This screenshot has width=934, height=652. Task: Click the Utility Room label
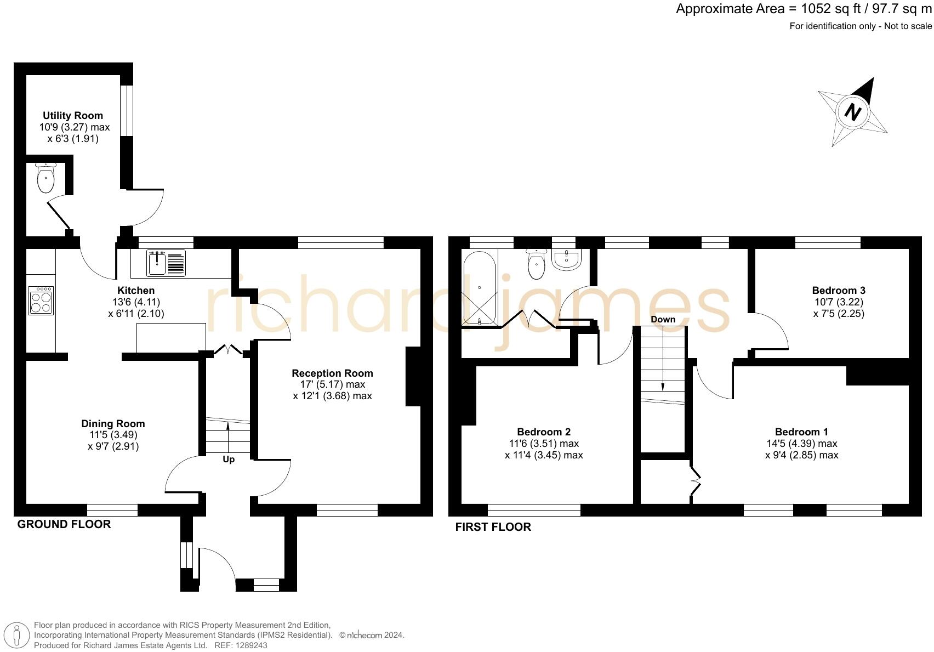pyautogui.click(x=73, y=116)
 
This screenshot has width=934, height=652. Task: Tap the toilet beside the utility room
pyautogui.click(x=45, y=178)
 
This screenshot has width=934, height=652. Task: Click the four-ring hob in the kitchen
pyautogui.click(x=41, y=301)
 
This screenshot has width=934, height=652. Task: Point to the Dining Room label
pyautogui.click(x=113, y=423)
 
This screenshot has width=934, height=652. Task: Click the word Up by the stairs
pyautogui.click(x=229, y=459)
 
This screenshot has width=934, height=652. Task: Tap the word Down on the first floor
pyautogui.click(x=663, y=319)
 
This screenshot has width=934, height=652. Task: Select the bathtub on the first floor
pyautogui.click(x=479, y=288)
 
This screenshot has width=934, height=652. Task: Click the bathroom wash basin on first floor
pyautogui.click(x=566, y=259)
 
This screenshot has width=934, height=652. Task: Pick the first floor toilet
pyautogui.click(x=536, y=264)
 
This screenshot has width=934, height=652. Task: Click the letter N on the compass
pyautogui.click(x=853, y=112)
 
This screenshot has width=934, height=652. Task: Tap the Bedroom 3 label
pyautogui.click(x=839, y=290)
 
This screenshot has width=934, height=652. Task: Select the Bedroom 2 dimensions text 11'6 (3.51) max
pyautogui.click(x=544, y=444)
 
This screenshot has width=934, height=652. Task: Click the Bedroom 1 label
pyautogui.click(x=801, y=432)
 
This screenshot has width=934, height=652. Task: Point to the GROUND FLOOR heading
pyautogui.click(x=64, y=524)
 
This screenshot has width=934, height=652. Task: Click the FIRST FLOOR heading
pyautogui.click(x=493, y=527)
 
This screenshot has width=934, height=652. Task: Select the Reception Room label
pyautogui.click(x=332, y=373)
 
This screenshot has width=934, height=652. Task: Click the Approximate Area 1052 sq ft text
pyautogui.click(x=804, y=9)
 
